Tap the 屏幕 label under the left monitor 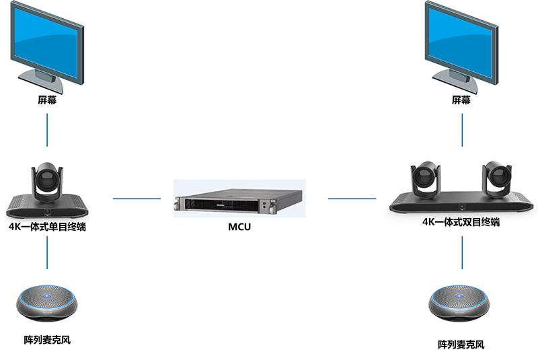coord(47,100)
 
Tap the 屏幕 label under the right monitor coord(461,100)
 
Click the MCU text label coord(239,227)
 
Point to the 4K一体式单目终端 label coord(47,227)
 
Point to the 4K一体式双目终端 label coord(461,222)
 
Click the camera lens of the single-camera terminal coord(47,179)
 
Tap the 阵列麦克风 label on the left coord(47,339)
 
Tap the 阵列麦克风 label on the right coord(461,345)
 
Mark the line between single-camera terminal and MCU coord(137,199)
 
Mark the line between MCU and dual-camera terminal coord(352,199)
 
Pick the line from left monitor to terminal coord(47,130)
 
